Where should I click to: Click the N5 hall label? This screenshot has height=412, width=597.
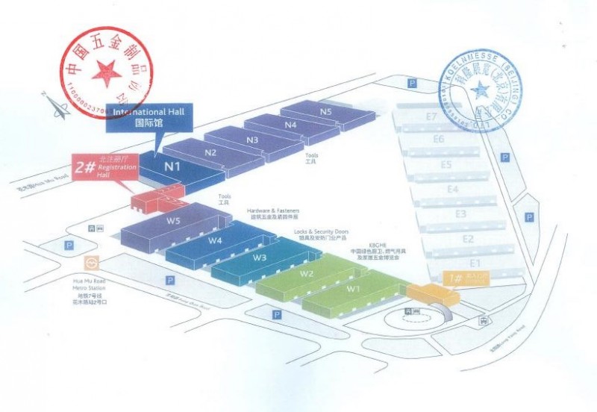[326, 111]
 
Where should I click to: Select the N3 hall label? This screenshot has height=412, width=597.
[252, 140]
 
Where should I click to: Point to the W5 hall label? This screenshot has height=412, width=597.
[174, 222]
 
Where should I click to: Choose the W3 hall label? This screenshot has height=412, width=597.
[260, 257]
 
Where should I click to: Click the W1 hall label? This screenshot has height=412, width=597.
[353, 289]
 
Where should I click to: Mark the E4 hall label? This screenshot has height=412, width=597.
[452, 190]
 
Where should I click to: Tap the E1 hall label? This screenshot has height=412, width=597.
[475, 263]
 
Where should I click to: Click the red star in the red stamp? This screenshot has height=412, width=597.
[107, 72]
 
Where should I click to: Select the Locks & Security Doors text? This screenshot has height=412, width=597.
[321, 232]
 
